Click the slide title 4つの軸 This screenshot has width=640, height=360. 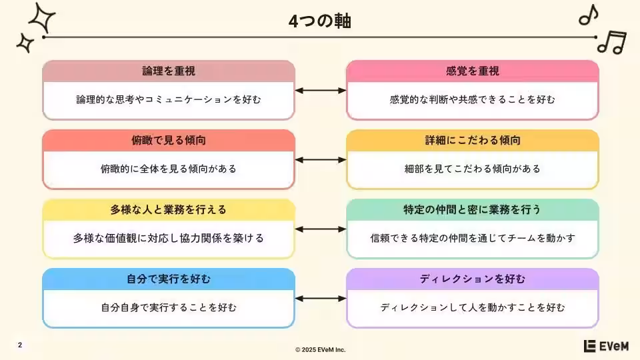coord(320,21)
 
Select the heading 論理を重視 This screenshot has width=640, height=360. coord(169,71)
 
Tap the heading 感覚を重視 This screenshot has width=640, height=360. coord(473,71)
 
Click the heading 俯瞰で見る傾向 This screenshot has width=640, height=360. coord(169,141)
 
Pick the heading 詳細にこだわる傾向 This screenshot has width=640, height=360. coord(473,141)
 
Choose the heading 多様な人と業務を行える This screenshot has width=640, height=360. coord(169,209)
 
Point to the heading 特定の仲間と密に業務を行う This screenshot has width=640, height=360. coord(473,209)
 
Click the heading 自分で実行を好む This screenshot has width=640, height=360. coord(169,279)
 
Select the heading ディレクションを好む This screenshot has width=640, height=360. coord(473,279)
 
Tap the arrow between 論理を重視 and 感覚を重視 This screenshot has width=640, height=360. coord(321,90)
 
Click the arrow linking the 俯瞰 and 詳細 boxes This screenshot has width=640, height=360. coord(321,159)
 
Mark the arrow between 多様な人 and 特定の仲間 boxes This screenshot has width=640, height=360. coord(321,229)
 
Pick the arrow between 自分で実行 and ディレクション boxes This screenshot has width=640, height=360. coord(321,298)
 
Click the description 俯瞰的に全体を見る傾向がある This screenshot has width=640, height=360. coord(169,169)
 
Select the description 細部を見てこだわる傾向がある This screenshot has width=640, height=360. coord(473,169)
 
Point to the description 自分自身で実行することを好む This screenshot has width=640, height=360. coord(169,307)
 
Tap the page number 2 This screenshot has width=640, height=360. coord(20,345)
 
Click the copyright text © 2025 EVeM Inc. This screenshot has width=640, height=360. coord(321,349)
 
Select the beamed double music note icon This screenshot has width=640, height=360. coord(611,42)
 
